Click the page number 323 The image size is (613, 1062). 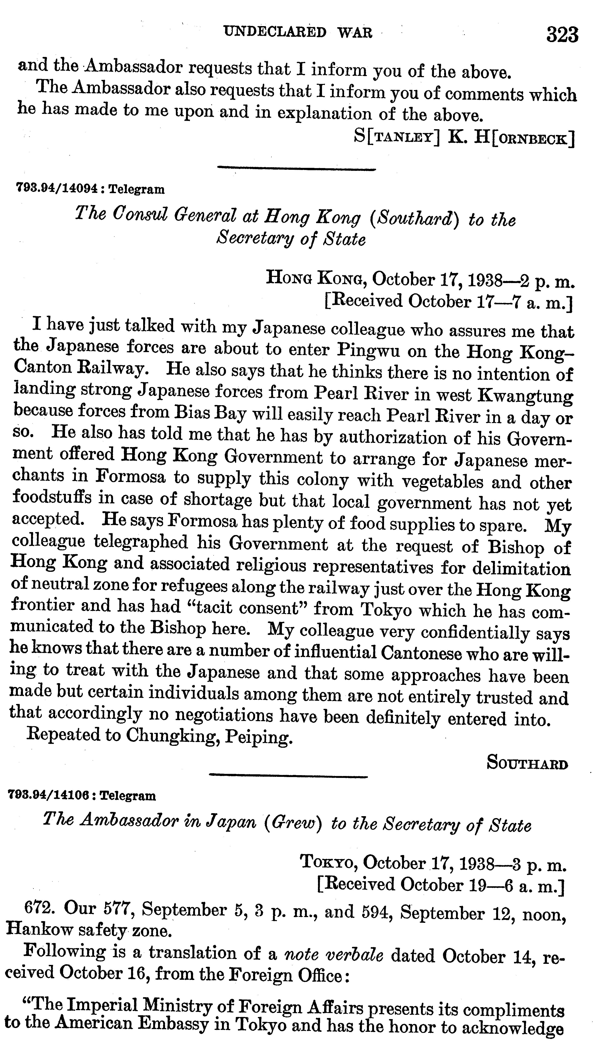562,35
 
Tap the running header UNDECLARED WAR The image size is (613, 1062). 298,33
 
